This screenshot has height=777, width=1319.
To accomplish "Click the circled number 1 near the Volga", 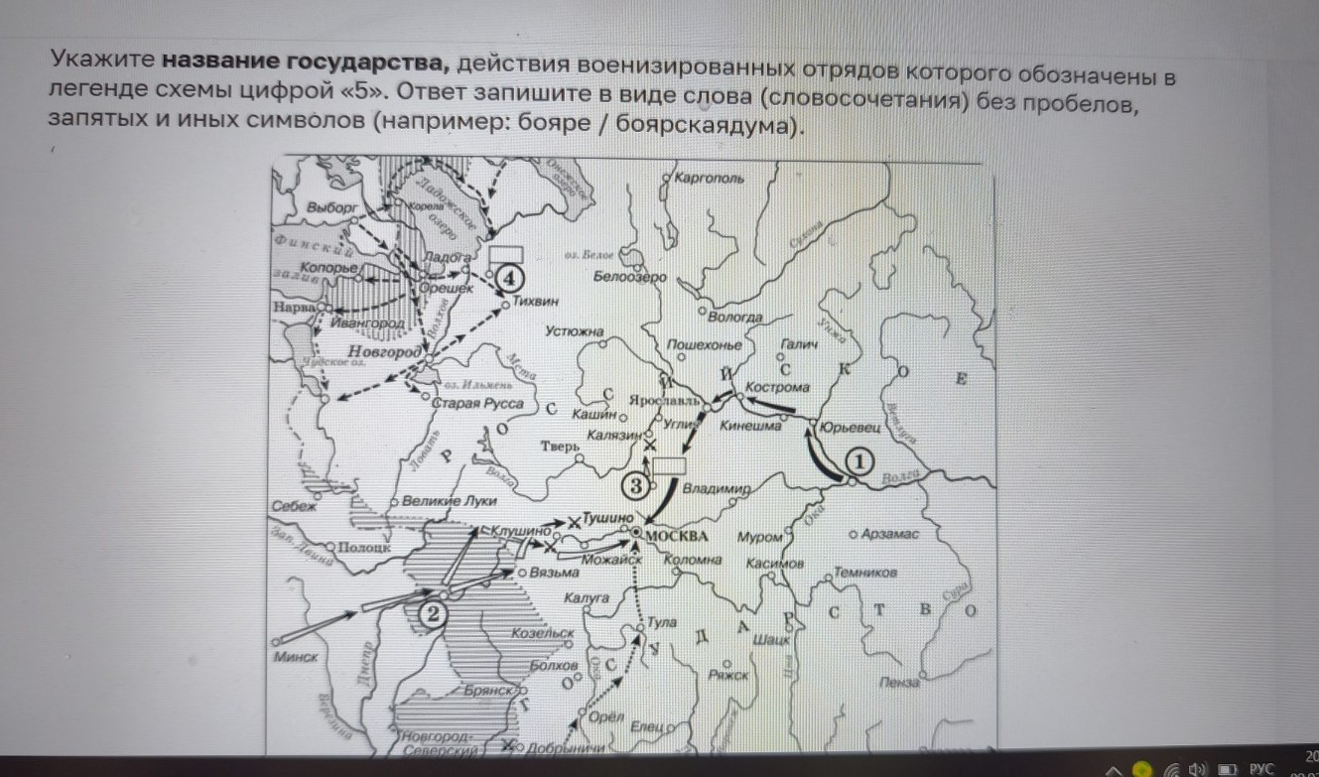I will pyautogui.click(x=859, y=461).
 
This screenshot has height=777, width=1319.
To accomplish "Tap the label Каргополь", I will pyautogui.click(x=709, y=179).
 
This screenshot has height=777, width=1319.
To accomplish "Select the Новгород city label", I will pyautogui.click(x=385, y=352).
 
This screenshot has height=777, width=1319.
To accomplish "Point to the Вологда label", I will pyautogui.click(x=735, y=317).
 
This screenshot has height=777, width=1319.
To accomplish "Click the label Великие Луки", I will pyautogui.click(x=450, y=501).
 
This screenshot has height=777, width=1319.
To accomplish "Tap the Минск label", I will pyautogui.click(x=297, y=657).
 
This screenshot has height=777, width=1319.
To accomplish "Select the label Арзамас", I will pyautogui.click(x=891, y=535).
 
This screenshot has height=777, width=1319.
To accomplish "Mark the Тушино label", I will pyautogui.click(x=606, y=518).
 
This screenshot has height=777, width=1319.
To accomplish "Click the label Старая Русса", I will pyautogui.click(x=470, y=403).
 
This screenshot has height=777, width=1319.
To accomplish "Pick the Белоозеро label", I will pyautogui.click(x=630, y=277).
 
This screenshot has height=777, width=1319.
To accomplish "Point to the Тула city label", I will pyautogui.click(x=662, y=623).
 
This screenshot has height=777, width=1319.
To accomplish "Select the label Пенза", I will pyautogui.click(x=899, y=683).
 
